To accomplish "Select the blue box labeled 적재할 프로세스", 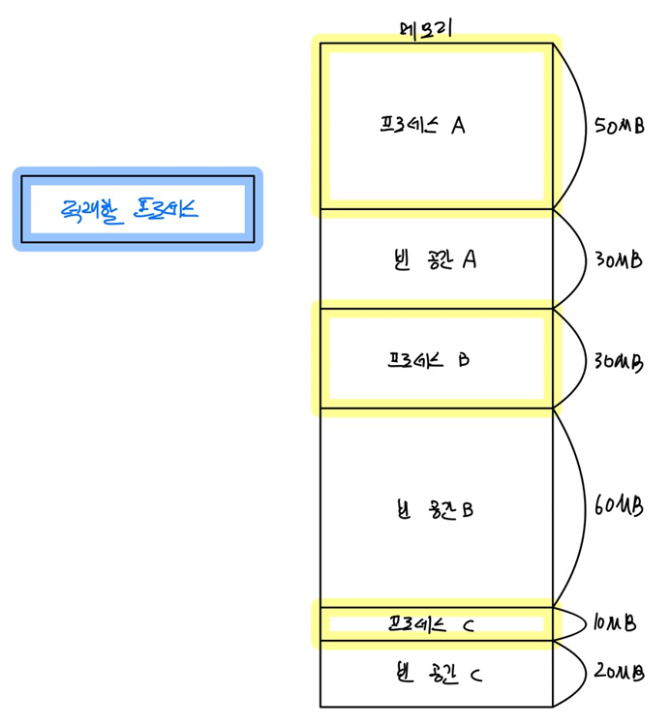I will [x=137, y=208].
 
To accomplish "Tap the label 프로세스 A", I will [x=423, y=126].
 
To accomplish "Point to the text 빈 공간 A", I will [x=430, y=259].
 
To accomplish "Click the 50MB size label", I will [x=621, y=127].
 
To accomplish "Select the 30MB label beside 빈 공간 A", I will [x=618, y=260].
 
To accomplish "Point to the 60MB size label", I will [x=619, y=505].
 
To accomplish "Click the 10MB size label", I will [x=615, y=624].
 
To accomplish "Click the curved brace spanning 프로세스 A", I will [x=580, y=126].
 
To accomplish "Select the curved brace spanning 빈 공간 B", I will [x=582, y=505].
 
